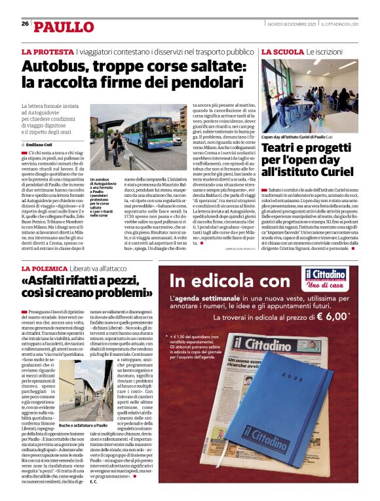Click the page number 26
(25, 24)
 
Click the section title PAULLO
(64, 27)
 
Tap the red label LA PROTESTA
(47, 52)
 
